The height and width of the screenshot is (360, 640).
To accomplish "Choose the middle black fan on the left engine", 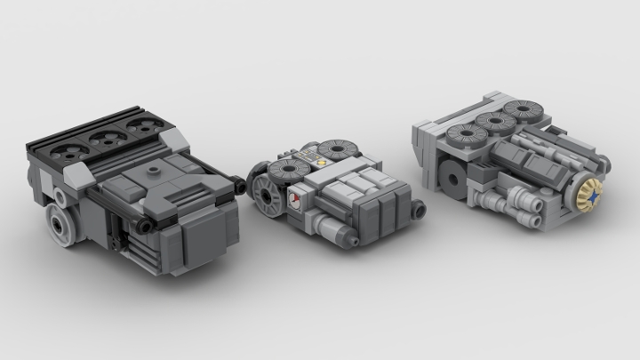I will (108, 136).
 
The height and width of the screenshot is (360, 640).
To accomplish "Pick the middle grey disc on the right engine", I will (492, 124).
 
